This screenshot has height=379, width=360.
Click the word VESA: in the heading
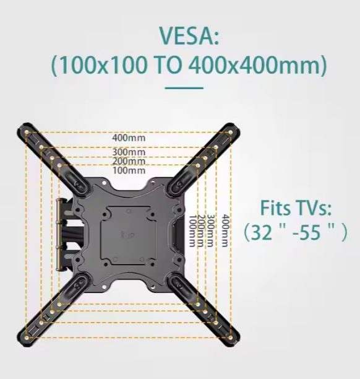[189, 35]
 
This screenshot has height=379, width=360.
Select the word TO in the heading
[168, 66]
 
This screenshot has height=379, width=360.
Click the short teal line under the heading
[184, 88]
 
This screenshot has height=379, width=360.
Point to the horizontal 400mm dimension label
[129, 138]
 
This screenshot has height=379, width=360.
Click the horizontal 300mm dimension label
[129, 152]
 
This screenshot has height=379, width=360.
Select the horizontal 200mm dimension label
[129, 161]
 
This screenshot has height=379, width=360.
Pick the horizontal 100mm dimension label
[129, 170]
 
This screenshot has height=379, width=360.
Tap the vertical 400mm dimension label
[225, 230]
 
